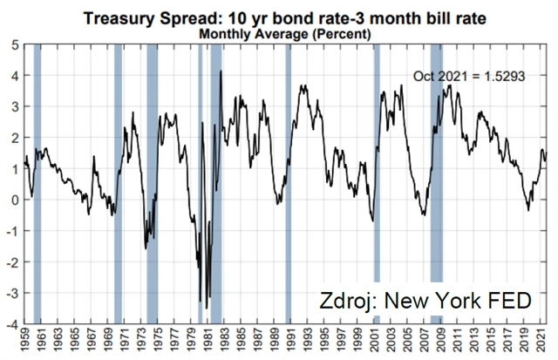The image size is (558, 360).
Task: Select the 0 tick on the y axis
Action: coord(15,200)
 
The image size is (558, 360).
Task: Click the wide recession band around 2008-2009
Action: coord(437,183)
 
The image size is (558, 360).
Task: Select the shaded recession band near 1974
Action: coord(152,183)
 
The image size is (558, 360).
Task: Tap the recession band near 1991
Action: coord(288,183)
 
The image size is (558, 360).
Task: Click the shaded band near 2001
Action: coord(377,183)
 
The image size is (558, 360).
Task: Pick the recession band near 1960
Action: coord(37,183)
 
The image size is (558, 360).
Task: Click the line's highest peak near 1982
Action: coord(221,71)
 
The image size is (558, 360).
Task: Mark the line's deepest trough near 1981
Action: coord(207,308)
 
